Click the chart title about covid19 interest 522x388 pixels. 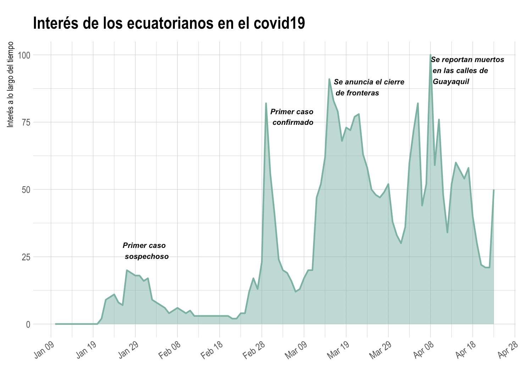[x=169, y=23]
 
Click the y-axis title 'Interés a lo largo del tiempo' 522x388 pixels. [x=11, y=84]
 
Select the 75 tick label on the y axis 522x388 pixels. [x=26, y=122]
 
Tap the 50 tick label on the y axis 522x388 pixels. [x=26, y=189]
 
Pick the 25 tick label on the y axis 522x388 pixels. [x=26, y=256]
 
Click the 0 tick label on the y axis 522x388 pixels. [x=28, y=324]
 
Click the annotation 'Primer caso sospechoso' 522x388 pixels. [x=145, y=251]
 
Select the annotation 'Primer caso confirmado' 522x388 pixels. [x=292, y=117]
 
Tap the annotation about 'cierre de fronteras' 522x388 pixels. [x=369, y=87]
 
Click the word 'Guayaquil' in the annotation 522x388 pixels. [x=451, y=82]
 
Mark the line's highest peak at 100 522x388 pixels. [x=431, y=55]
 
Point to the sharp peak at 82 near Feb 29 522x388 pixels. [x=266, y=103]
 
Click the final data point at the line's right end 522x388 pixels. [x=494, y=190]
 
